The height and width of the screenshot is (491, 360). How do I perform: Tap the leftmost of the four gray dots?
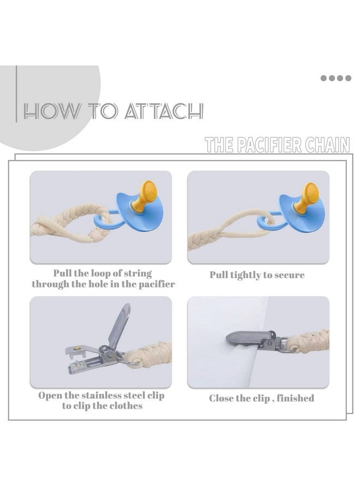323,78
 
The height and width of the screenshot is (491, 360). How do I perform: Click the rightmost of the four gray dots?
348,78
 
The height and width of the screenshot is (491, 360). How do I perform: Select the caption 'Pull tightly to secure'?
257,275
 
